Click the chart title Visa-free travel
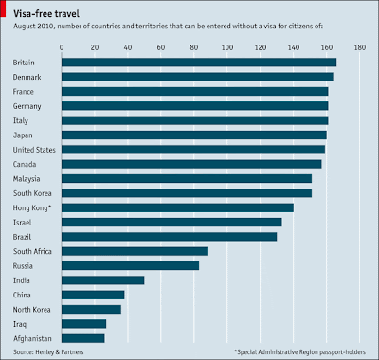point(46,13)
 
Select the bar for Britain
point(199,63)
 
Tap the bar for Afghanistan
point(83,338)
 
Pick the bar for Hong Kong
point(177,207)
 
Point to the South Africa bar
point(135,251)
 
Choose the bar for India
point(103,280)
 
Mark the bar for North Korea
point(91,310)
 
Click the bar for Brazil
point(170,237)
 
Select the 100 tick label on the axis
point(227,47)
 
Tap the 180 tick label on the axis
point(360,47)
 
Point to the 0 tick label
point(62,47)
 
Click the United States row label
point(34,150)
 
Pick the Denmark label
point(27,77)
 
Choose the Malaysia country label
point(27,179)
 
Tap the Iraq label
point(20,324)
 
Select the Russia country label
point(23,266)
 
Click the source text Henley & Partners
point(60,351)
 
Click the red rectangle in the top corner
point(3,9)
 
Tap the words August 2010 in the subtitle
point(34,27)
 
